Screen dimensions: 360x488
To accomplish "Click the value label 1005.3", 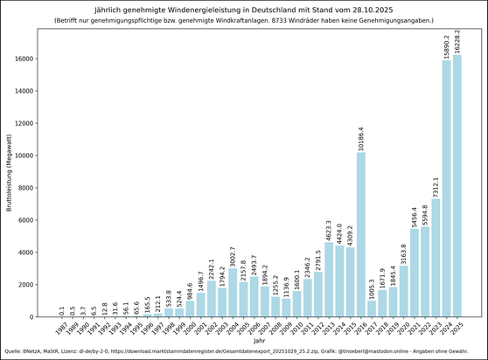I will click(x=372, y=287).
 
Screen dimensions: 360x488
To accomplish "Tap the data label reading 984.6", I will click(x=190, y=287).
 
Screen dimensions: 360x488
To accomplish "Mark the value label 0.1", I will click(x=61, y=310).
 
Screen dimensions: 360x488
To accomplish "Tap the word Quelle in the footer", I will click(x=14, y=352).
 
